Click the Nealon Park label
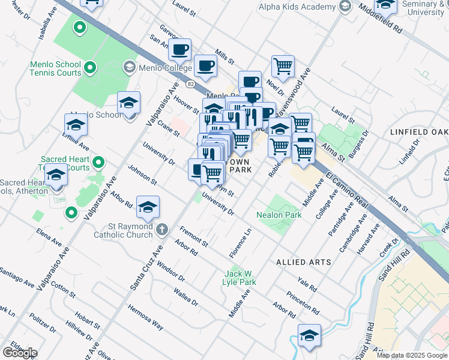tap(279, 214)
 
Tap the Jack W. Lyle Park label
tap(240, 277)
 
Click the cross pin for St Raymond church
tap(161, 229)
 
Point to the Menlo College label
tap(157, 67)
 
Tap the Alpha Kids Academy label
tap(297, 7)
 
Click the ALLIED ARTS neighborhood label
tap(300, 262)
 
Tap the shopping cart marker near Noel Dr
tap(283, 65)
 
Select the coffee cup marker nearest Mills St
tap(205, 65)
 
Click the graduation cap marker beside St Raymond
tap(148, 207)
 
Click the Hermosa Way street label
tap(145, 317)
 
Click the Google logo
tap(20, 353)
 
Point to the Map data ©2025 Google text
tap(411, 355)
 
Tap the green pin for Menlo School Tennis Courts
tap(89, 67)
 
